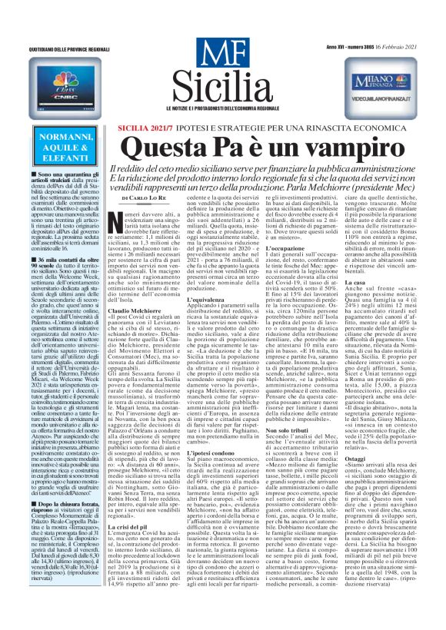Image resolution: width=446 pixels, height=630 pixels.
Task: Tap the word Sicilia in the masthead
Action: (x=222, y=79)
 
